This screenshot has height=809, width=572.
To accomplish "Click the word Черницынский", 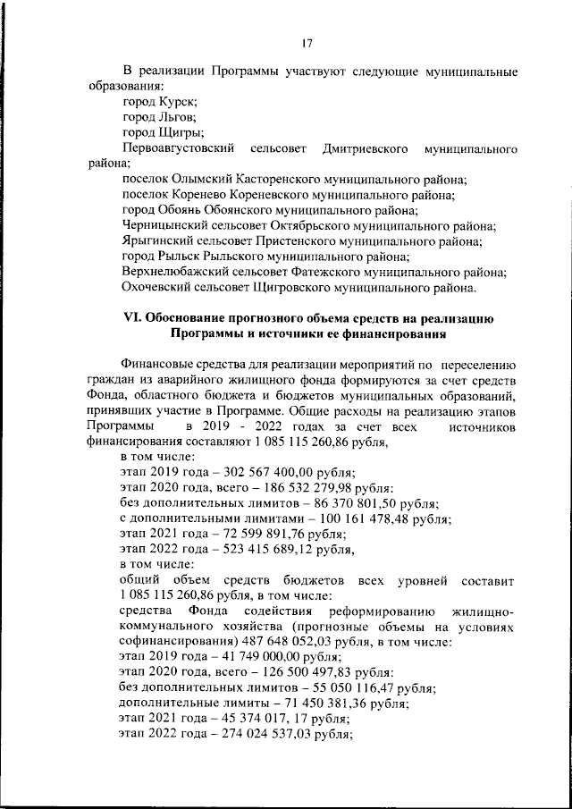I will click(166, 226).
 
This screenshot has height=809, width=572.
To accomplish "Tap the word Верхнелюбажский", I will click(178, 272).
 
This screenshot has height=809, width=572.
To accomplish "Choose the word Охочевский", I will click(159, 287).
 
